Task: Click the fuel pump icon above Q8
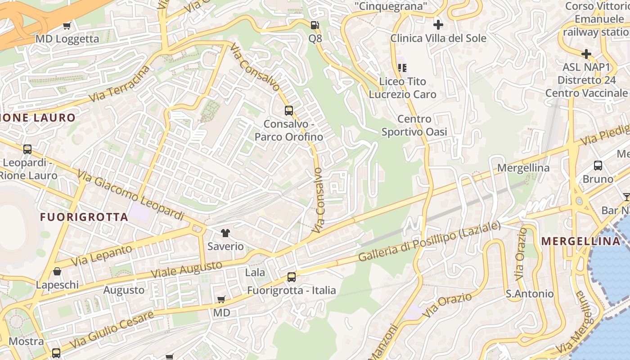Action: (315, 25)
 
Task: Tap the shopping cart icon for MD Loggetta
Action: (67, 26)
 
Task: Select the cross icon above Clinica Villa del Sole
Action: (438, 24)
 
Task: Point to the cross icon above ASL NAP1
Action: (586, 54)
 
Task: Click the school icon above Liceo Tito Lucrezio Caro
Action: (402, 68)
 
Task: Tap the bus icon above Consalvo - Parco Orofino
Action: (288, 110)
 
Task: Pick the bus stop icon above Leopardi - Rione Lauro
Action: (27, 149)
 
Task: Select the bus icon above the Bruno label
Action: (598, 166)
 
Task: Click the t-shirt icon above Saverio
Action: (225, 233)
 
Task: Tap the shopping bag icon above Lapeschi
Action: (57, 271)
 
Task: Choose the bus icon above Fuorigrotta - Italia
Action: (292, 277)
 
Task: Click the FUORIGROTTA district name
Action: (84, 217)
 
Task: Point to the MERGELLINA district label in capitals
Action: (580, 241)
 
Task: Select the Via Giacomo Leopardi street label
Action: (130, 195)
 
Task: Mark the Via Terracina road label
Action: (119, 83)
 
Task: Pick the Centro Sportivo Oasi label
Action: (414, 126)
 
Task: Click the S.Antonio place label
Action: (530, 294)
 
